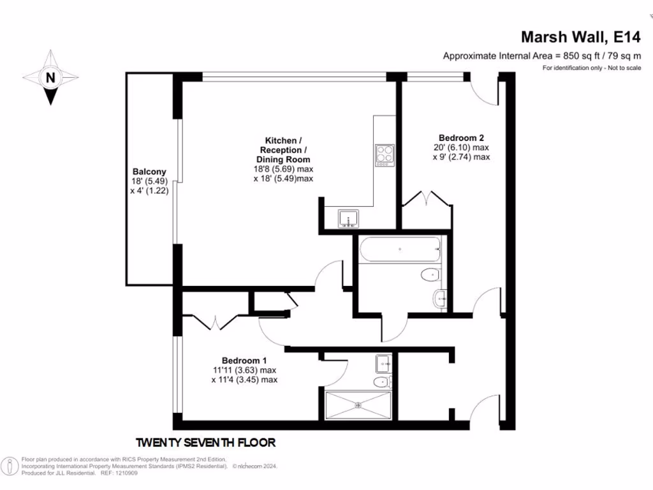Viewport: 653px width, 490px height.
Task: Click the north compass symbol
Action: (50, 78)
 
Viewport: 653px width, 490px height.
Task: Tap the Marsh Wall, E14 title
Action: (581, 36)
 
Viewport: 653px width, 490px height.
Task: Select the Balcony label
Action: (149, 172)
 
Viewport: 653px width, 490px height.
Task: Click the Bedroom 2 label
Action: (461, 138)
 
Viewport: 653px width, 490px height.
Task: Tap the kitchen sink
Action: (348, 218)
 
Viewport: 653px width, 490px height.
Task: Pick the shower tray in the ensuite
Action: (358, 404)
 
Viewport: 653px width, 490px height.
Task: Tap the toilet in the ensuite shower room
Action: (381, 382)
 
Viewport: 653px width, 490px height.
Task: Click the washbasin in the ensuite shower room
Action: (384, 363)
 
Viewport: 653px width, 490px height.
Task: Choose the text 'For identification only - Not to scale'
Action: (591, 68)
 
